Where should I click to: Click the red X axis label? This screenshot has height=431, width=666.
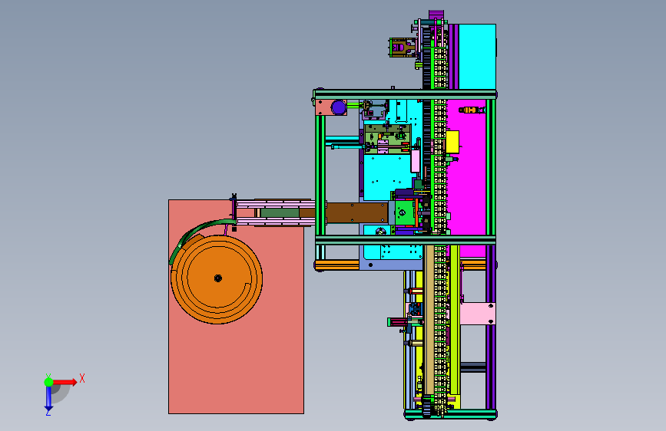[x=82, y=378]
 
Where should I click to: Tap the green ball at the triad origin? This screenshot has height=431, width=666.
[x=48, y=382]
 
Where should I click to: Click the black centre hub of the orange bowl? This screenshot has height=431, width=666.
[x=218, y=278]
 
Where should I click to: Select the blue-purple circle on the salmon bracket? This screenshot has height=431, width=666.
[x=339, y=107]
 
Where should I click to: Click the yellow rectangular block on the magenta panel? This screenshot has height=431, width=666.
[x=452, y=142]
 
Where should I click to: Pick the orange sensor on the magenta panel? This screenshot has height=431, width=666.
[x=470, y=110]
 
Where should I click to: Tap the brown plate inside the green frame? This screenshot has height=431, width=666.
[x=356, y=212]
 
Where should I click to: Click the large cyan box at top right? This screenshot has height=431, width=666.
[x=477, y=57]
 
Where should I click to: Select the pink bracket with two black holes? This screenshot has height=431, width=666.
[x=478, y=314]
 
